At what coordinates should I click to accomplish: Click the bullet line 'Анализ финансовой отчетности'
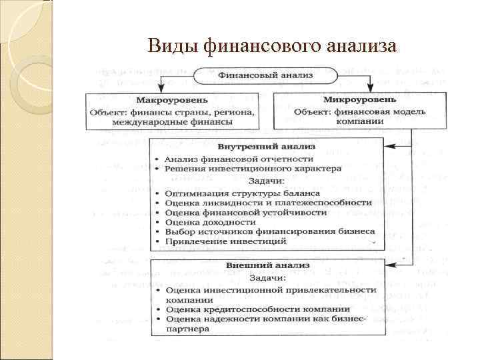pyautogui.click(x=239, y=159)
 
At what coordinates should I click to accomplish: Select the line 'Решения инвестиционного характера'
pyautogui.click(x=253, y=169)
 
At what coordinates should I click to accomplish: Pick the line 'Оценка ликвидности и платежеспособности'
pyautogui.click(x=268, y=202)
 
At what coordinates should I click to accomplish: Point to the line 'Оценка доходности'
pyautogui.click(x=211, y=221)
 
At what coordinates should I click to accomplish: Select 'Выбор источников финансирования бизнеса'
pyautogui.click(x=270, y=231)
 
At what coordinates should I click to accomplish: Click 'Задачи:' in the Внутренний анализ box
pyautogui.click(x=266, y=181)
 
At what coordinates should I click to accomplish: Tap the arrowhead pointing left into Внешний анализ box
pyautogui.click(x=389, y=264)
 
